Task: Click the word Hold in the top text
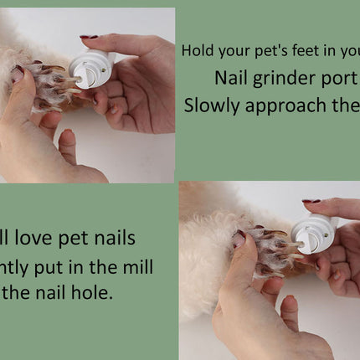[x=197, y=50]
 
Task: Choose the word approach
[x=281, y=107]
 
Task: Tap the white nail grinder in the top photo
[x=93, y=69]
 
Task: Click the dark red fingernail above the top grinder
[x=89, y=37]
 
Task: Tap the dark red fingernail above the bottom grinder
[x=311, y=201]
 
